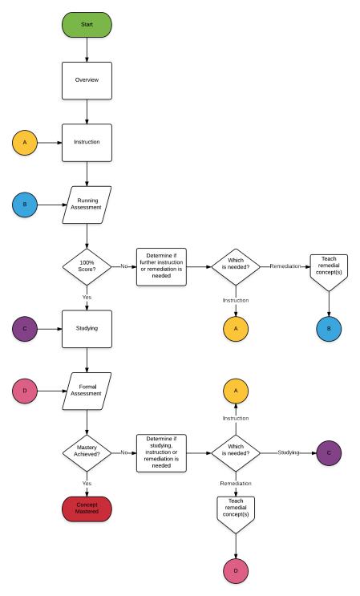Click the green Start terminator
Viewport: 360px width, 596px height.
87,25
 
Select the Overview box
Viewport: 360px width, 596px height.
87,80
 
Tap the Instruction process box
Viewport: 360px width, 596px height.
87,142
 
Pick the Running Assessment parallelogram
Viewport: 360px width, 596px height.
87,205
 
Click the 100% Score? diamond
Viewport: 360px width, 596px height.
87,266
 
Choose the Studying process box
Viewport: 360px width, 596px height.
87,328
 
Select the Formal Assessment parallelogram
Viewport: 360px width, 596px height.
87,391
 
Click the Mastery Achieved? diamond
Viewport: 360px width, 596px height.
87,452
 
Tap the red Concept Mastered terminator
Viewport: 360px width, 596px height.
87,508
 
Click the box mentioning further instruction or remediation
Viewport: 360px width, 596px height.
161,266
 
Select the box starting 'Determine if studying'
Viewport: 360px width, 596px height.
161,452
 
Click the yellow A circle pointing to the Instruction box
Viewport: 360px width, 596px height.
25,143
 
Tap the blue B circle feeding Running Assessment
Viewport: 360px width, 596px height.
25,205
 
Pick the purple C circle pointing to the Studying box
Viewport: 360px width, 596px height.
25,328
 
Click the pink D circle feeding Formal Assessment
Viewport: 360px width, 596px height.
25,391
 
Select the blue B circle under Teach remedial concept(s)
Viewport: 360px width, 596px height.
329,328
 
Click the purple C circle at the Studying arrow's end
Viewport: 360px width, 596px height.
329,452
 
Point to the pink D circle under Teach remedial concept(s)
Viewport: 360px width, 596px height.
236,570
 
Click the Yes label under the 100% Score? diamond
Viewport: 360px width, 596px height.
87,298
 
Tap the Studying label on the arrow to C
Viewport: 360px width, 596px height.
289,452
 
